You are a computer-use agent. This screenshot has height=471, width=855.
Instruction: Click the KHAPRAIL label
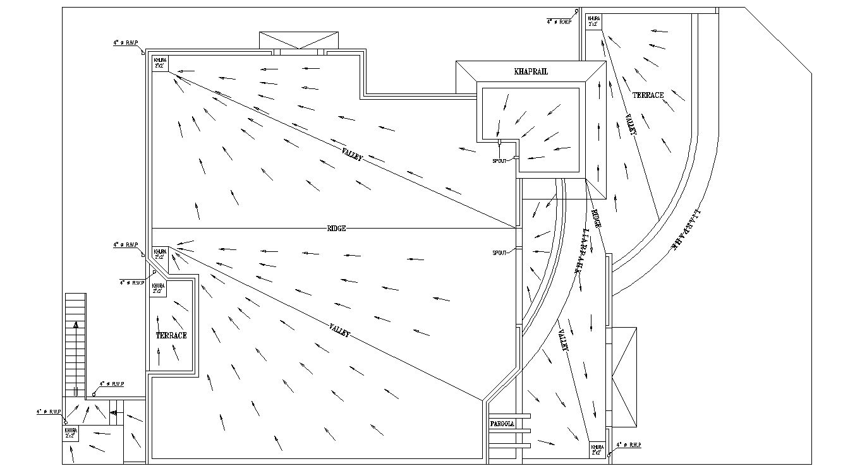point(531,72)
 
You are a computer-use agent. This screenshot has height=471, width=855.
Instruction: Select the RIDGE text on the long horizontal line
point(336,229)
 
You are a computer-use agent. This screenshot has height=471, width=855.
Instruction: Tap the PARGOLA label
point(502,424)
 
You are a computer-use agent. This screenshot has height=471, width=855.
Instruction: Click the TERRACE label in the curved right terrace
point(648,95)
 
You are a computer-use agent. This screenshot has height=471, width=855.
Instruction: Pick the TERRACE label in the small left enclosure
point(171,335)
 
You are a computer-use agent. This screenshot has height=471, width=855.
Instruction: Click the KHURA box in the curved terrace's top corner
point(594,21)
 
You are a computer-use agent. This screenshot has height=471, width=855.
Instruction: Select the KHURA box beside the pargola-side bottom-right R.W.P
point(597,449)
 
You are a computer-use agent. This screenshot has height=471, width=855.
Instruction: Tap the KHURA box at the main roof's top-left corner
point(161,63)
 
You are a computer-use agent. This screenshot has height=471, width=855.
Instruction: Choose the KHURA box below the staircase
point(70,433)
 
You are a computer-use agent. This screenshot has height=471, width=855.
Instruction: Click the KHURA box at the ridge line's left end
point(161,254)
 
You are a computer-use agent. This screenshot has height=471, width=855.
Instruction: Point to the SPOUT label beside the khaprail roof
point(499,161)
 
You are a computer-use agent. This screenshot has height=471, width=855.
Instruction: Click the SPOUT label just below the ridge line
point(499,253)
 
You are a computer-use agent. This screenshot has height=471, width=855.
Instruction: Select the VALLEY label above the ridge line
point(352,154)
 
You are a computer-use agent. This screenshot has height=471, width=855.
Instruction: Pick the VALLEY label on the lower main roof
point(339,330)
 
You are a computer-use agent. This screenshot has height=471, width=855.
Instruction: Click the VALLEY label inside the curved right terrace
point(631,124)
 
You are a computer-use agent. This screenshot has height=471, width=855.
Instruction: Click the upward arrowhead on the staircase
point(76,325)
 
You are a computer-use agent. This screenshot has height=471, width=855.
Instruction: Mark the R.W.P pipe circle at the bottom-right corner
point(609,454)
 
